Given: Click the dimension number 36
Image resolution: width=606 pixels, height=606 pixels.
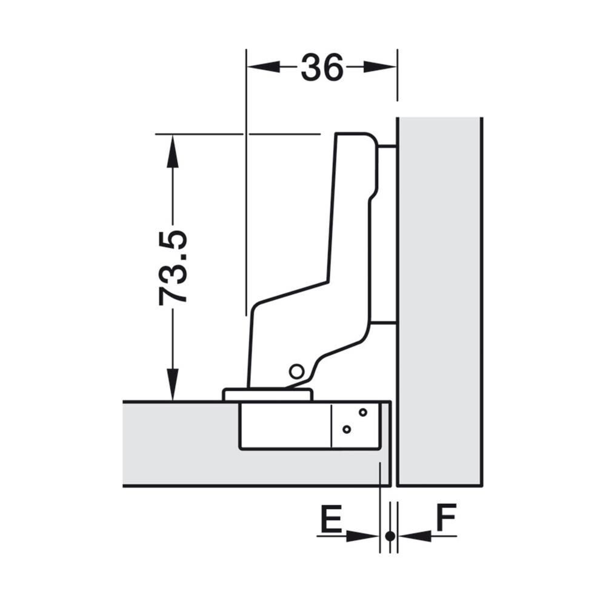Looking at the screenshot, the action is pyautogui.click(x=322, y=67).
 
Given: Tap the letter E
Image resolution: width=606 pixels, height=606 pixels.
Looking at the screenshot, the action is pyautogui.click(x=331, y=518).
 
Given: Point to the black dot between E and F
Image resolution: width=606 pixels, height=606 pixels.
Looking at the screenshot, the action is pyautogui.click(x=390, y=536).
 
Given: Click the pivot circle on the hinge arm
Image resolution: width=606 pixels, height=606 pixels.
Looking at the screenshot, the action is pyautogui.click(x=296, y=371).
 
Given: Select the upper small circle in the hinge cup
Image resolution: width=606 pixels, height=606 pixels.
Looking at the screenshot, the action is pyautogui.click(x=363, y=412).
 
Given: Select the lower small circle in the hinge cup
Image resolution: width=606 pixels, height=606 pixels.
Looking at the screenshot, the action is pyautogui.click(x=347, y=429).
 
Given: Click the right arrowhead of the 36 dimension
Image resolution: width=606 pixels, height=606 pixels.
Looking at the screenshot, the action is pyautogui.click(x=381, y=67).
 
